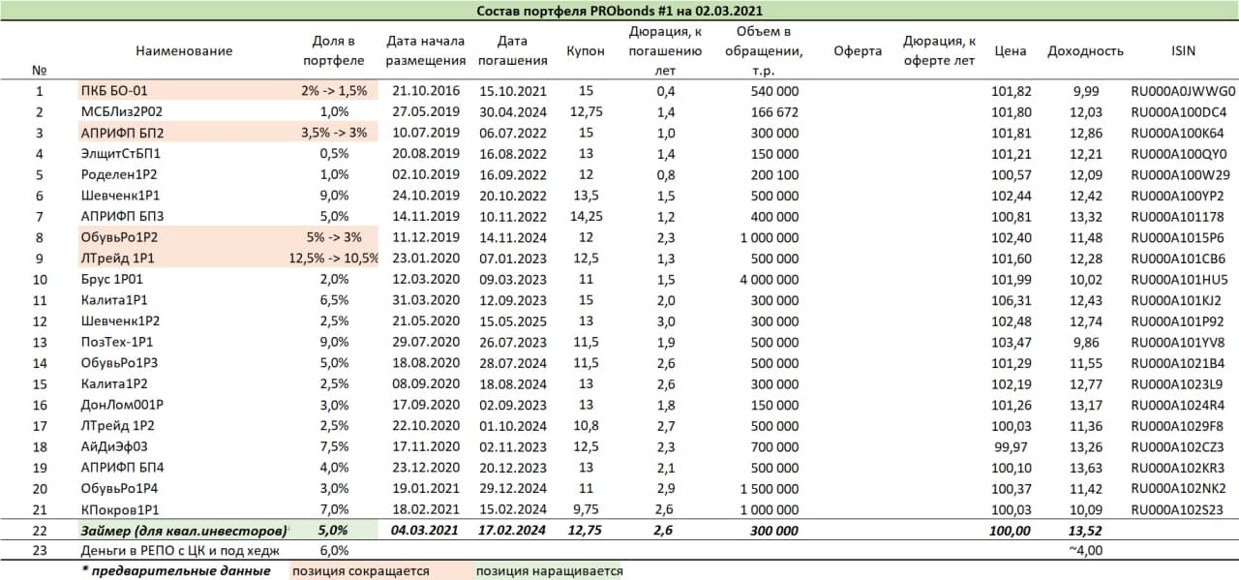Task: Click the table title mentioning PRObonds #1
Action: pyautogui.click(x=619, y=11)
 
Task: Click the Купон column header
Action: pyautogui.click(x=585, y=50)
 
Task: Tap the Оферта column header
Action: pyautogui.click(x=858, y=50)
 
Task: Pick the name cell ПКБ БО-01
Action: pyautogui.click(x=114, y=91)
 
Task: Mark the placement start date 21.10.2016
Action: pyautogui.click(x=425, y=91)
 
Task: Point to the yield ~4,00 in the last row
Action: pyautogui.click(x=1084, y=550)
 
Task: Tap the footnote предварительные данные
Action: pyautogui.click(x=179, y=570)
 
